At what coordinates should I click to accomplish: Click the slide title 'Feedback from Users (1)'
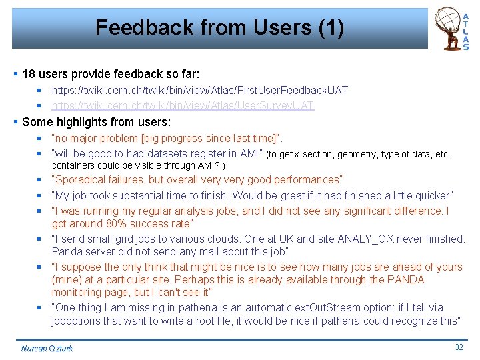tap(219, 28)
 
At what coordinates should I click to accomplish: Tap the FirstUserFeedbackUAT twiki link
tap(199, 90)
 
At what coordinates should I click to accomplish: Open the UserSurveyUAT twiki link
tap(183, 105)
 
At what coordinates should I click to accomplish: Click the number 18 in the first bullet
tap(29, 73)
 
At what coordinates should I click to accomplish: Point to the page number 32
tap(459, 347)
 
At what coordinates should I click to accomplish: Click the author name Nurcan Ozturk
tap(47, 348)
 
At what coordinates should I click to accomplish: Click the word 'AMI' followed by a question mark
tap(207, 165)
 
